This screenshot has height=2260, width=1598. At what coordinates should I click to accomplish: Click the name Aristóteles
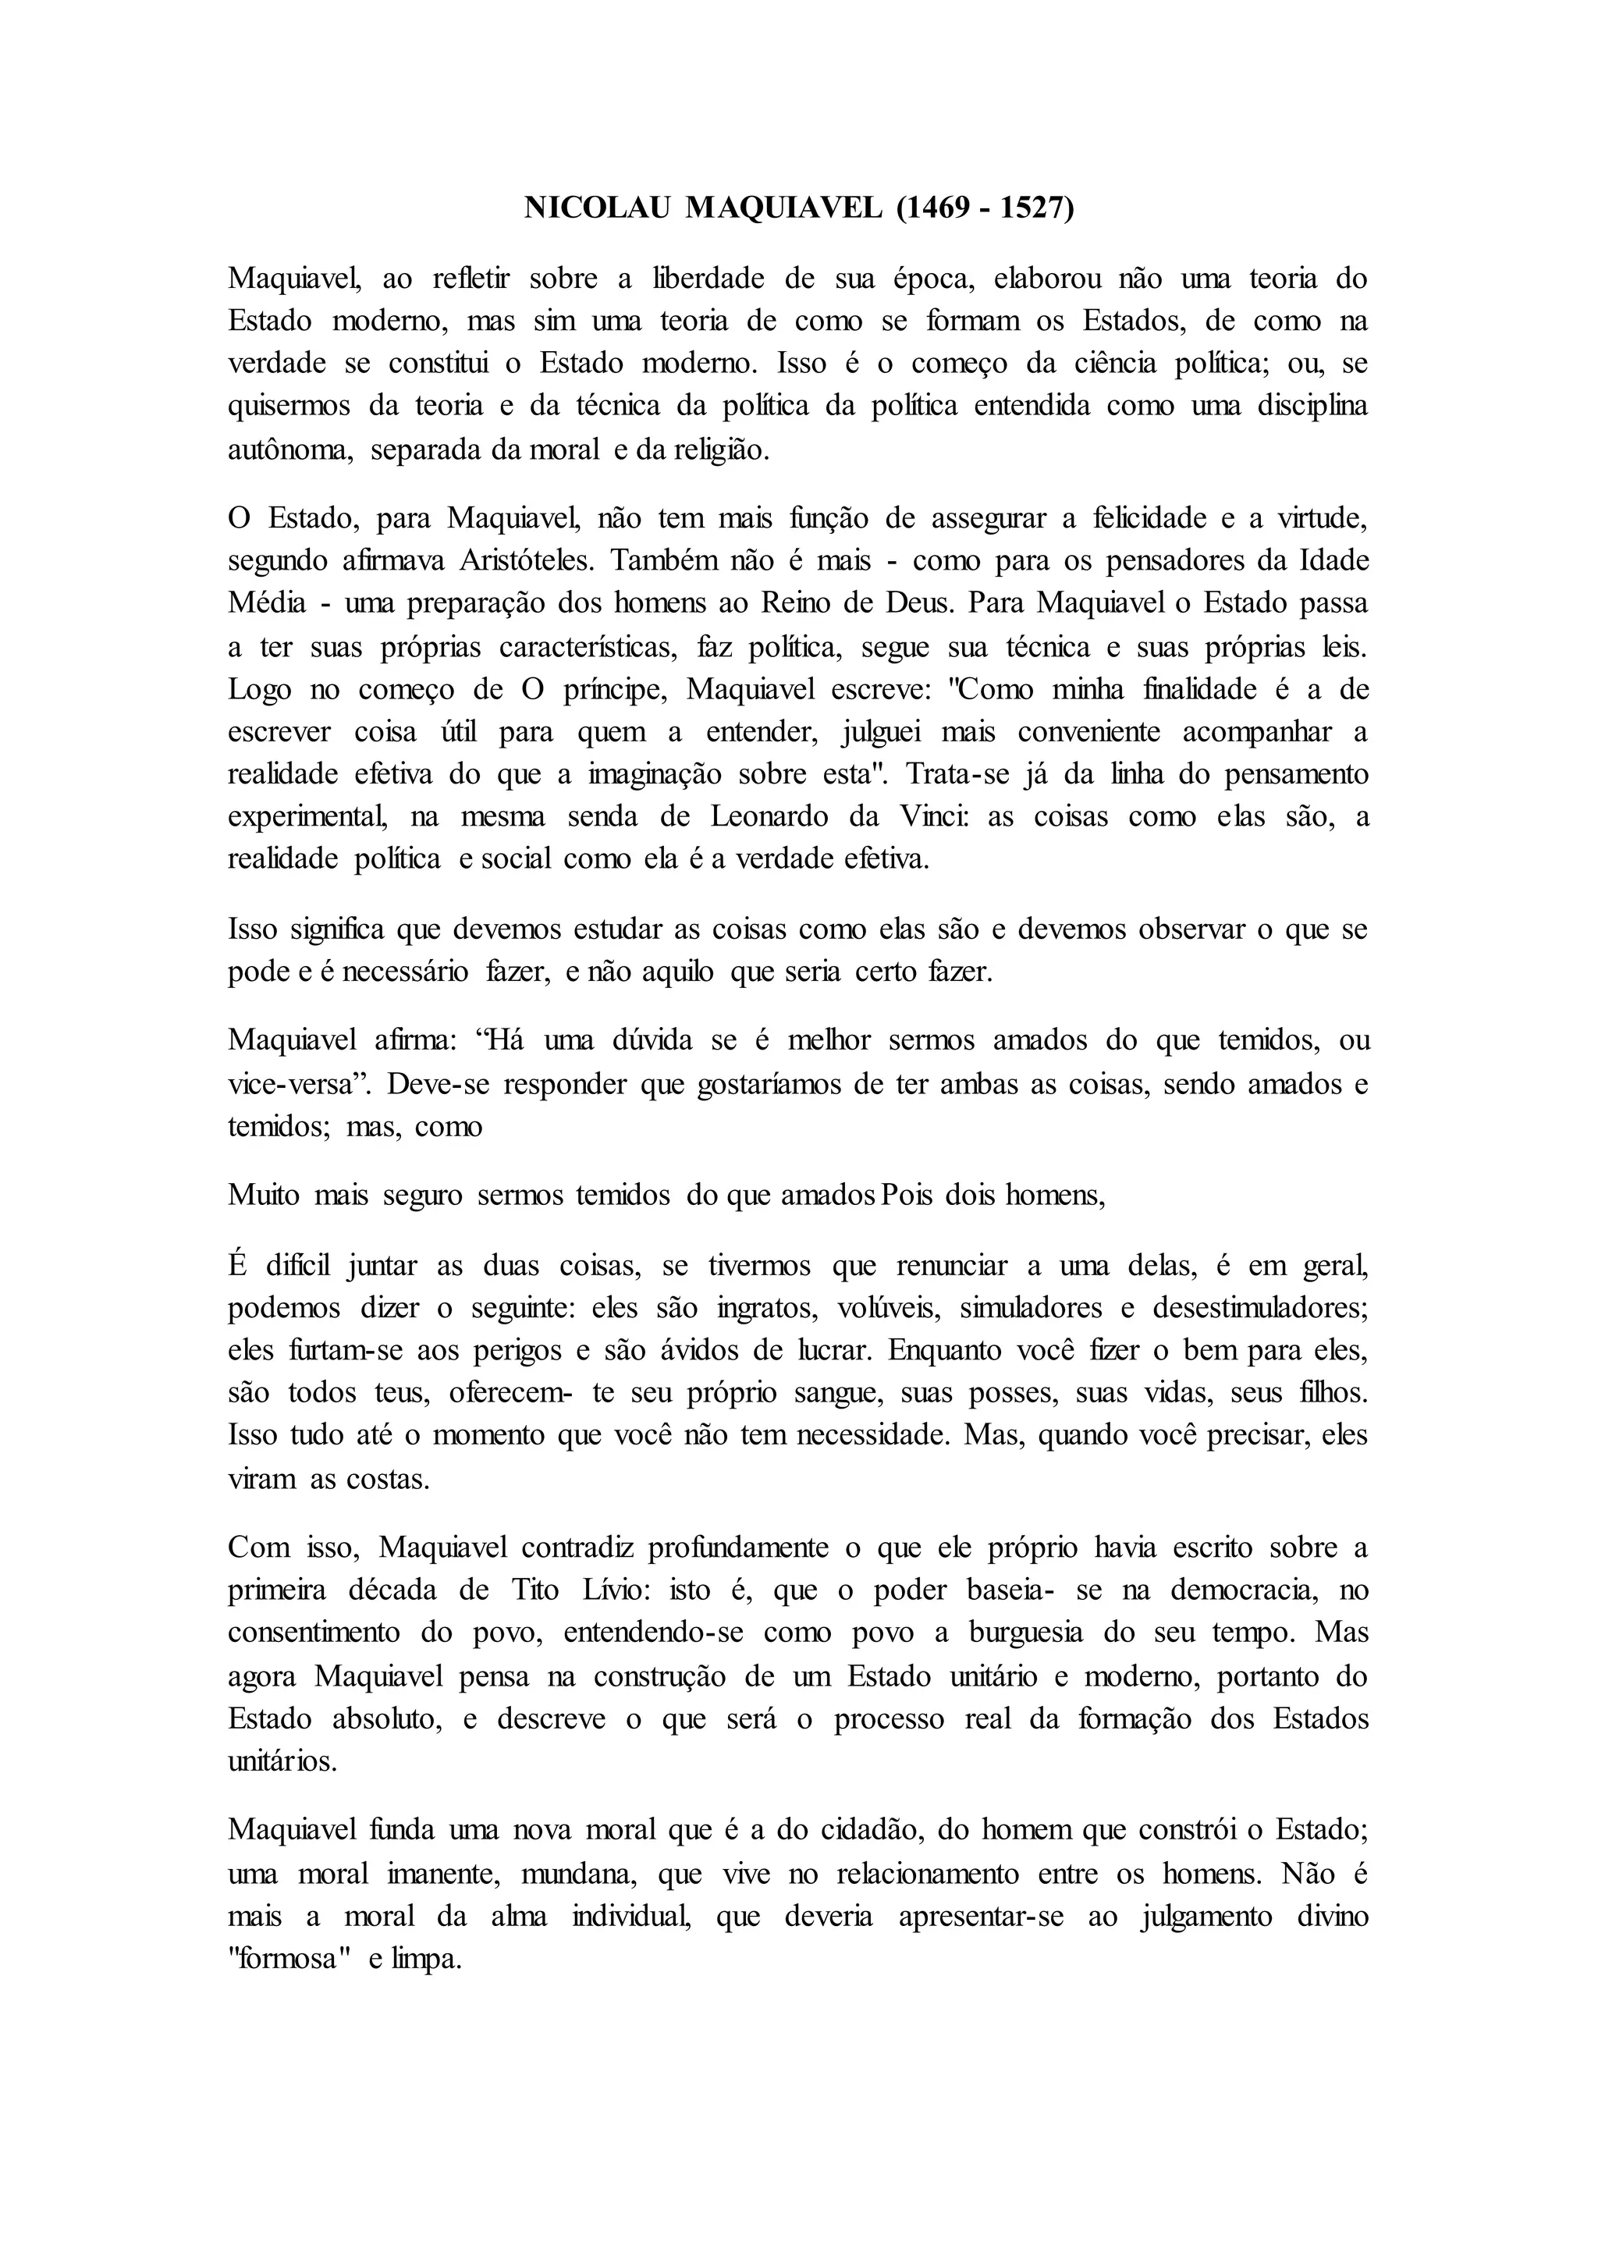coord(527,560)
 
